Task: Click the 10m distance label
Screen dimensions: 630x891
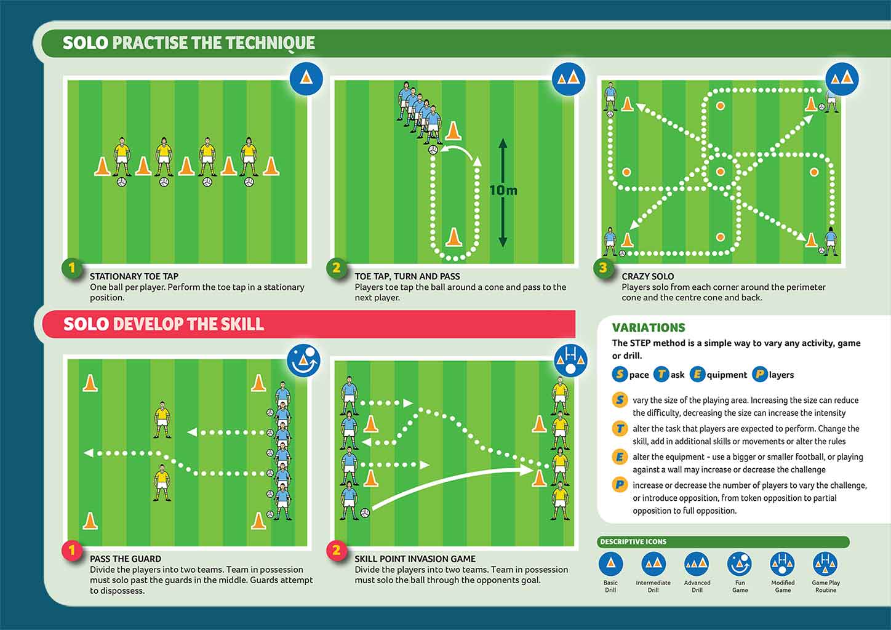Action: [503, 190]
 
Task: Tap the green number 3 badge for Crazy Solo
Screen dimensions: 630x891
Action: [603, 268]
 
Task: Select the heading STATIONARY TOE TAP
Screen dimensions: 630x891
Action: [134, 276]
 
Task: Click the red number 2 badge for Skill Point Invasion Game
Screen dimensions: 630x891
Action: [336, 550]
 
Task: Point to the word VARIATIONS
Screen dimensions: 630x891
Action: [649, 328]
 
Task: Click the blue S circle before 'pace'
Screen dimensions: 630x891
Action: [620, 374]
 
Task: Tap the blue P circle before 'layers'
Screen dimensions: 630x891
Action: [760, 374]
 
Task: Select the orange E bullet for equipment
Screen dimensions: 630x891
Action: [620, 457]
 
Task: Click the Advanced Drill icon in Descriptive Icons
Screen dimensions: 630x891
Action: [697, 564]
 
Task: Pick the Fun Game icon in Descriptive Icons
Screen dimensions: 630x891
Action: [740, 564]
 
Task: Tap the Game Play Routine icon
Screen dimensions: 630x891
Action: [825, 564]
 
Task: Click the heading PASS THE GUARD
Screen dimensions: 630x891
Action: [126, 559]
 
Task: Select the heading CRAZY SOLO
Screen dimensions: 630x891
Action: [647, 276]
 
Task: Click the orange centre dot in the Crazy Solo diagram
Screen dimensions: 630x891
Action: [720, 172]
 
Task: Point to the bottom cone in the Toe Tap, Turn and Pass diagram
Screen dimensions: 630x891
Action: [453, 237]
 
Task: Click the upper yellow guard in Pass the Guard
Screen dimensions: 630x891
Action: [162, 420]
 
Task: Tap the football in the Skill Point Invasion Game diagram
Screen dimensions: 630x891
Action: [365, 512]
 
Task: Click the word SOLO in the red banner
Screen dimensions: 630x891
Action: [86, 324]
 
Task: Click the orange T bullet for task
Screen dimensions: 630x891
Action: [620, 429]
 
